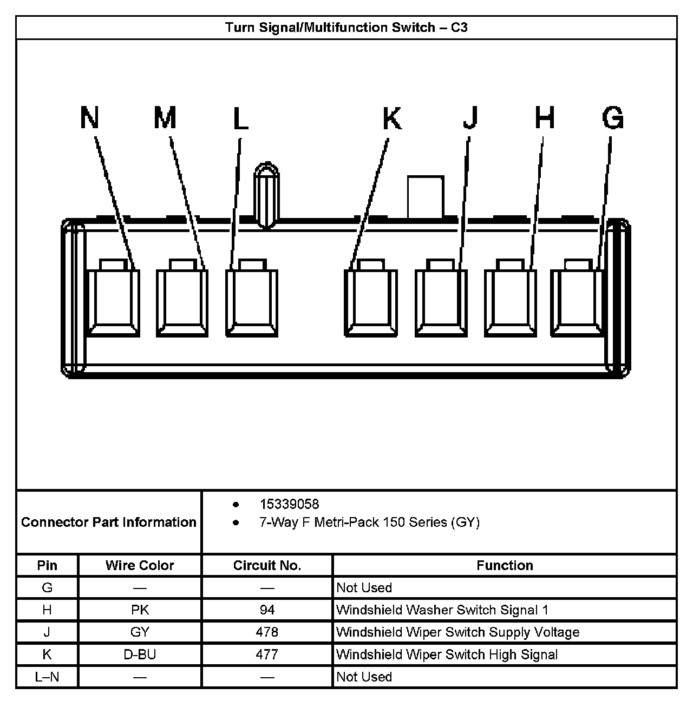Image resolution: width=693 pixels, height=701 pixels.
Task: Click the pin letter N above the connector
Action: [x=90, y=117]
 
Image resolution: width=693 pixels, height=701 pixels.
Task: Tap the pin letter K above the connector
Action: [x=392, y=118]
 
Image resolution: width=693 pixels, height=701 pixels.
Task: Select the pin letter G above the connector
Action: [x=612, y=118]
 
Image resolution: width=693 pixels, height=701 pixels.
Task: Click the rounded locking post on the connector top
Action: [x=266, y=195]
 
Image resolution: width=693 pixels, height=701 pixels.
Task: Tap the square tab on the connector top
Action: [x=426, y=197]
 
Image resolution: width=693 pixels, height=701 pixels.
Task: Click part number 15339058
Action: [x=289, y=504]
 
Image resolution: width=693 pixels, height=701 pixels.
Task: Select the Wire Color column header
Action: [x=140, y=565]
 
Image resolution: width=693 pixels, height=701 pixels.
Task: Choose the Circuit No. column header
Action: [x=267, y=565]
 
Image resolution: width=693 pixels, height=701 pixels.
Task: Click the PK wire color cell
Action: [x=140, y=610]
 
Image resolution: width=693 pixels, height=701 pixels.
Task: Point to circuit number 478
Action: [x=267, y=632]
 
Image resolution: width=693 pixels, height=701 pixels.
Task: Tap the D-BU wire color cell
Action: [x=140, y=654]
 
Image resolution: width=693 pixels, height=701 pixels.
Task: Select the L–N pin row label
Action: [x=47, y=676]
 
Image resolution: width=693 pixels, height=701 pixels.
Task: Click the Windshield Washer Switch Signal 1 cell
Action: [x=442, y=610]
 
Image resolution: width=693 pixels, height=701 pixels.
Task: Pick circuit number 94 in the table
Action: [x=267, y=610]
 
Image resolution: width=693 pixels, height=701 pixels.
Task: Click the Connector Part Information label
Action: [x=108, y=522]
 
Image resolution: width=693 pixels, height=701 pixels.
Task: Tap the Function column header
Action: [x=505, y=565]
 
